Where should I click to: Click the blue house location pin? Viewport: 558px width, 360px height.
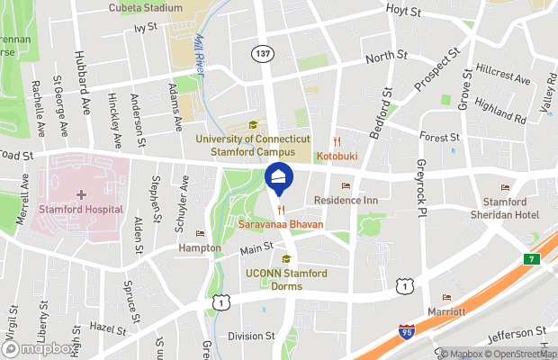coord(279,181)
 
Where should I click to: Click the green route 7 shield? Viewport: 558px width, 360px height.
coord(532,259)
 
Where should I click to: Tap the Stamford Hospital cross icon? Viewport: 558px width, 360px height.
coord(82,194)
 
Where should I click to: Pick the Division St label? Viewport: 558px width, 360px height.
coord(251,336)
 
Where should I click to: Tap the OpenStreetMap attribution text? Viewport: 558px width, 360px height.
coord(519,354)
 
